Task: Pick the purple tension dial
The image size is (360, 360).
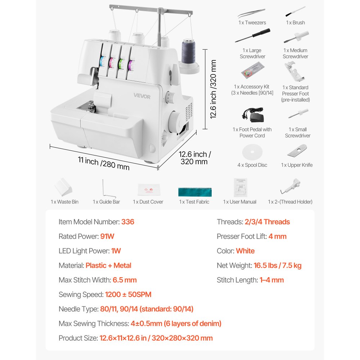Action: coord(131,65)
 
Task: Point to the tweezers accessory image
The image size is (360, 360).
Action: coord(252,13)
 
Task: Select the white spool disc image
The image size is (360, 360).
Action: coord(252,153)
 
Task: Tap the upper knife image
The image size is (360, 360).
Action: coord(297,151)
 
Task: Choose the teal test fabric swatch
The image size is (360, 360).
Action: coord(195,191)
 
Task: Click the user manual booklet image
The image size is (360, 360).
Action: coord(240,187)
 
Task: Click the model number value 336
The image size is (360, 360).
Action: coord(127,222)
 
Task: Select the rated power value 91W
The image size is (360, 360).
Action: coord(107,237)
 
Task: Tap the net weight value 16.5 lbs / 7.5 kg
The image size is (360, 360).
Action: coord(278,266)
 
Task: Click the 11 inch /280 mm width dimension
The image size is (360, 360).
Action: coord(104,163)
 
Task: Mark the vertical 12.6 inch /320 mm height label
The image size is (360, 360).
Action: coord(213,89)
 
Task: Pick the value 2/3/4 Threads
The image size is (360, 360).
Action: coord(267,222)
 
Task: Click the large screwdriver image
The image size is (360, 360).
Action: coord(252,36)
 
